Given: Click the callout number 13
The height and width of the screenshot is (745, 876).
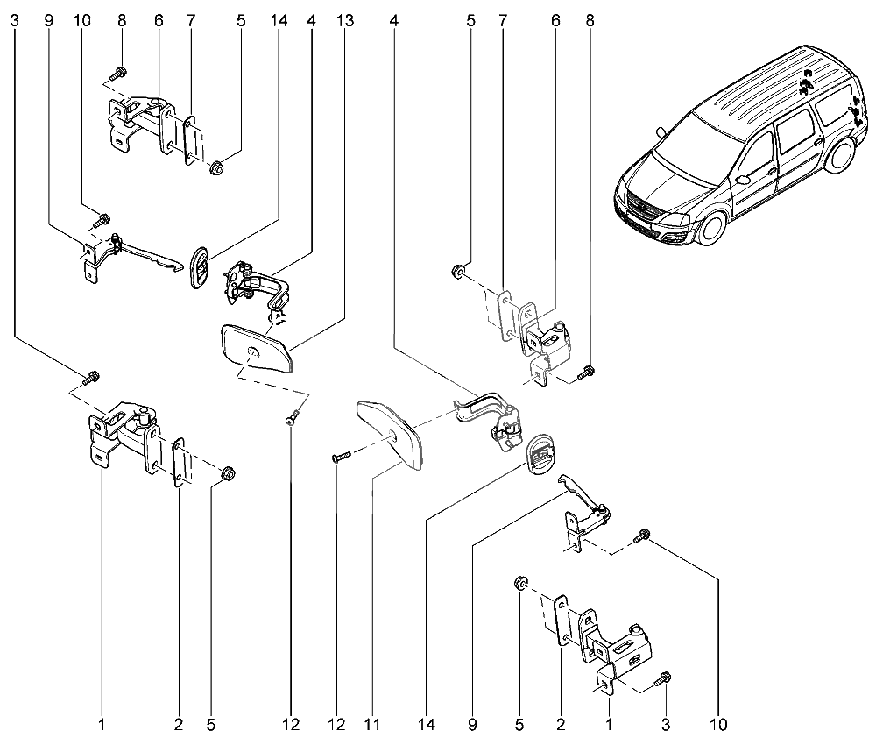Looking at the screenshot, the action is pos(345,21).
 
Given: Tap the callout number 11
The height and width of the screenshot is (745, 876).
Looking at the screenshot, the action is pos(372,725).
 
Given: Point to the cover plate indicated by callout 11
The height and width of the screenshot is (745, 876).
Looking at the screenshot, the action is pos(390,431).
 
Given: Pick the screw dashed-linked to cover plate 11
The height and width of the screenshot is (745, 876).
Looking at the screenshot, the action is pos(341,457).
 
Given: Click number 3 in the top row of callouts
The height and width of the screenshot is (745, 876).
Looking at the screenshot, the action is pos(15,21).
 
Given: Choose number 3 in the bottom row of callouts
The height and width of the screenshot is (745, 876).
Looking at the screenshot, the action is pos(666,725).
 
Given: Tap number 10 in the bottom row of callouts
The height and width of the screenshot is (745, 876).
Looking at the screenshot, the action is pos(718,725).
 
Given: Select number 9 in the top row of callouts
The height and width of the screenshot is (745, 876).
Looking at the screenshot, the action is pos(48,21).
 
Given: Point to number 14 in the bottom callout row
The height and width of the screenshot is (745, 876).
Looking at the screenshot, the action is pos(426,725).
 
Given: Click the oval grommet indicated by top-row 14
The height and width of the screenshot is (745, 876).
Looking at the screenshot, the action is pos(201,267).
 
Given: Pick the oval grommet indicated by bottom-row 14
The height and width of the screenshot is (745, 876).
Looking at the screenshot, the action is pos(541,453).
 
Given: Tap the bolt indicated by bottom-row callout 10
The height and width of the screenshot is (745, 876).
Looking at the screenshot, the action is pos(641,536).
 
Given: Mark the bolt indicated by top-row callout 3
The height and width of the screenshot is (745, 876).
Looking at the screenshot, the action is pos(92,377).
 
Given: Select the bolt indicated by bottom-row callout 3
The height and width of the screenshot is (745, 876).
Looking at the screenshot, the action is pos(663,678).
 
